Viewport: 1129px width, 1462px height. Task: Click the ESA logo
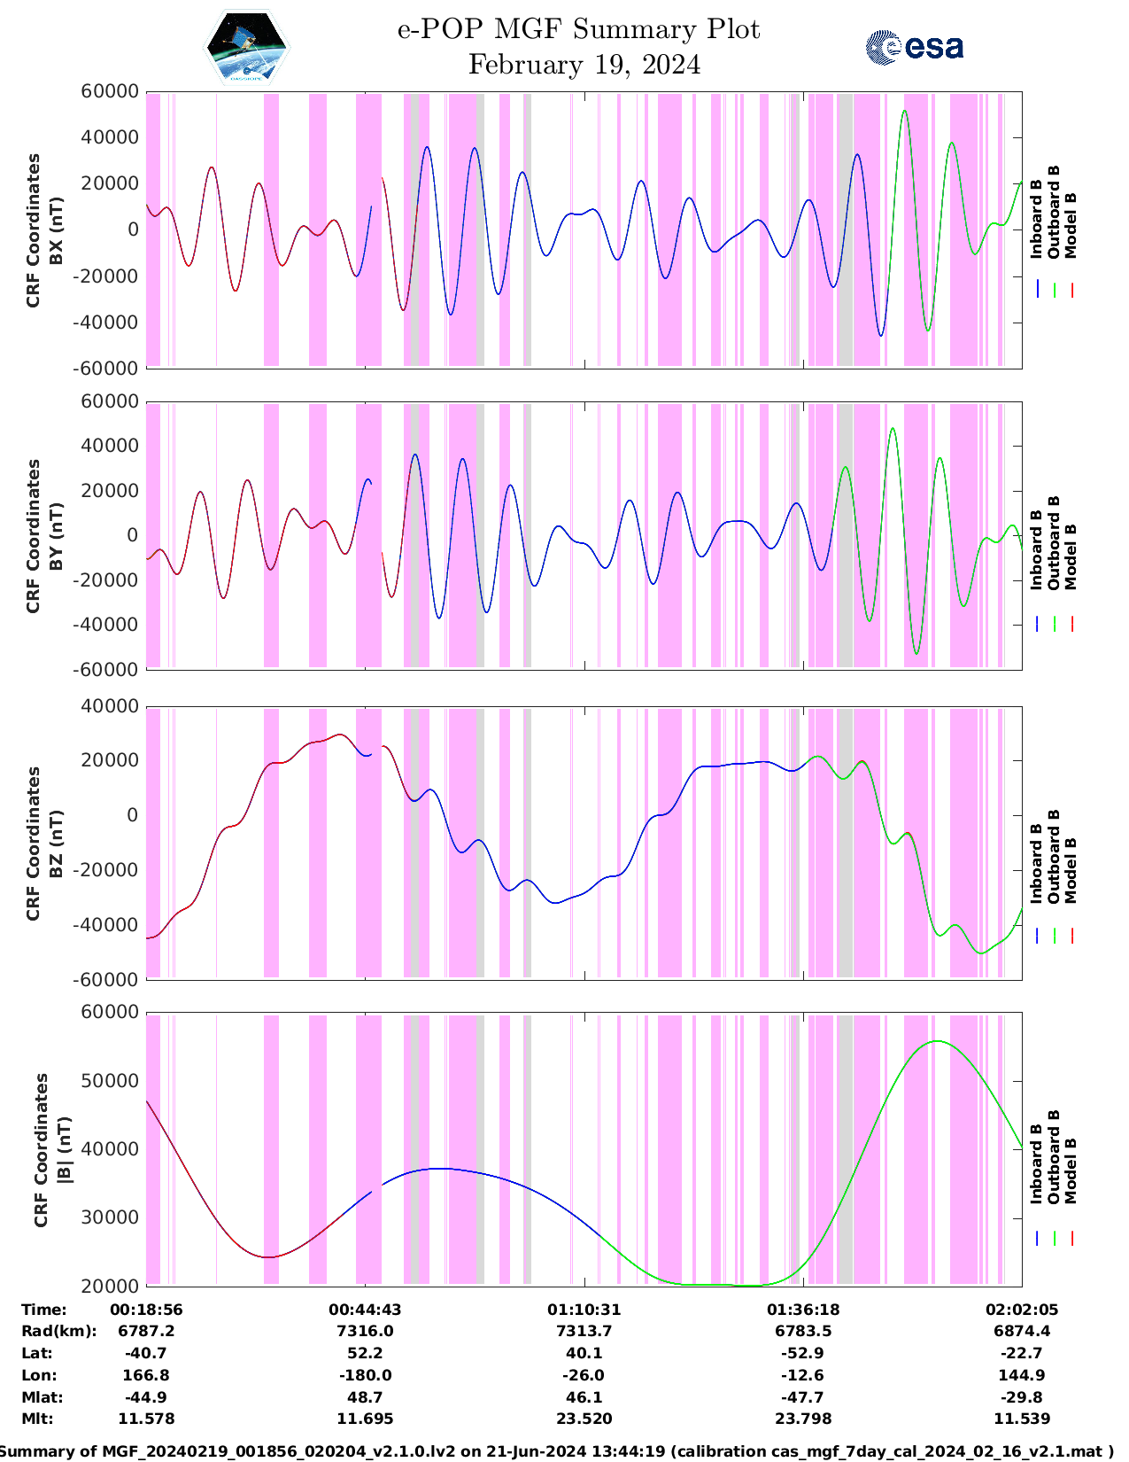coord(914,47)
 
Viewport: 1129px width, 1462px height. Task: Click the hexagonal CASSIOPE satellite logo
coord(246,48)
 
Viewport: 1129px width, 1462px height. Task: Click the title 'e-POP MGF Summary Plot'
coord(578,29)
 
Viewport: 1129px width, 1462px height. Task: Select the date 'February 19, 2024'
coord(584,65)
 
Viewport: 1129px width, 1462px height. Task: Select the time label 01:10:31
coord(584,1310)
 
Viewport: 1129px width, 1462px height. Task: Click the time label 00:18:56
coord(146,1310)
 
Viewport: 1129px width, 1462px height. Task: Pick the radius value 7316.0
coord(365,1331)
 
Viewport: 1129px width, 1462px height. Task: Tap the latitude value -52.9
coord(803,1353)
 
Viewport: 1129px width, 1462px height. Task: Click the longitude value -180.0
coord(365,1375)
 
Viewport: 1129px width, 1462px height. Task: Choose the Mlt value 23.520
coord(584,1419)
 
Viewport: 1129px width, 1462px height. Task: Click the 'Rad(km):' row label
coord(59,1331)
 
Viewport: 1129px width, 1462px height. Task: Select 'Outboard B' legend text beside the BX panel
coord(1054,213)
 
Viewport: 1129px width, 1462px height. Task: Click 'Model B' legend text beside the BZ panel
coord(1071,870)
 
